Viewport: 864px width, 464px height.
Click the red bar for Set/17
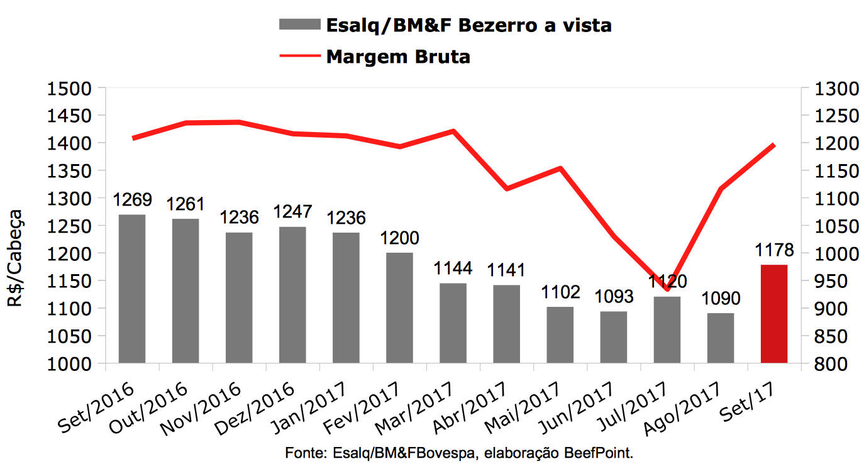[x=773, y=314]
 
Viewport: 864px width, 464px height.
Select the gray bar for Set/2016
[x=132, y=289]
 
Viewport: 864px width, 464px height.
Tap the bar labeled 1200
[x=399, y=307]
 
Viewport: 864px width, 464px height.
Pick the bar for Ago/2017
[x=720, y=338]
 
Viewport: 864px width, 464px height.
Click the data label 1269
[x=132, y=201]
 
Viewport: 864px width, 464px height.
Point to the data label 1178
[x=773, y=251]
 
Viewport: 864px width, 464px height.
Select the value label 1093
[x=613, y=297]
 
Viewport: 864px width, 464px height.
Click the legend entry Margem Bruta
[x=398, y=57]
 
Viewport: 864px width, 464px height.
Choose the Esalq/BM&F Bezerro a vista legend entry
[x=468, y=25]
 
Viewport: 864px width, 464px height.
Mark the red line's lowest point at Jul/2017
[x=667, y=289]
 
